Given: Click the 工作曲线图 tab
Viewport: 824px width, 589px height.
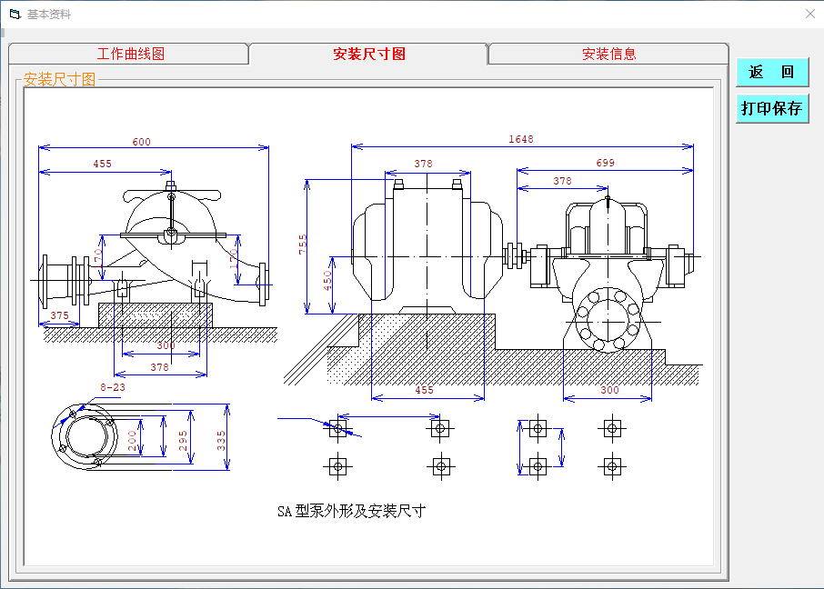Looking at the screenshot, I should pos(130,54).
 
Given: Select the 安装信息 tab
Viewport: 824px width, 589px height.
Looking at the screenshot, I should pos(608,54).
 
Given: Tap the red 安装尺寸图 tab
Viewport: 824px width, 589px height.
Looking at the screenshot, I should pos(369,54).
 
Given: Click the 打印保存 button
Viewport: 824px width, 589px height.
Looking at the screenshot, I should pos(771,108).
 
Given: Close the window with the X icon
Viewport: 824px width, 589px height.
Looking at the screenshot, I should pos(810,14).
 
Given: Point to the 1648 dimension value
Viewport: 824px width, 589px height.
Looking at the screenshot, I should pos(521,139).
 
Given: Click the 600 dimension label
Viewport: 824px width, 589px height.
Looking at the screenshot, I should pos(141,142).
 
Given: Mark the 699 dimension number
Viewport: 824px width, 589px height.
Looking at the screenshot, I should pos(605,164).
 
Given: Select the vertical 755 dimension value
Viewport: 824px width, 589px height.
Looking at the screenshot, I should pos(303,244).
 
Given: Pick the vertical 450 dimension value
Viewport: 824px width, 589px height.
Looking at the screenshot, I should pos(327,278).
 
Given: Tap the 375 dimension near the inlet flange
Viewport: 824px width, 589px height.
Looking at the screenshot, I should pos(59,315).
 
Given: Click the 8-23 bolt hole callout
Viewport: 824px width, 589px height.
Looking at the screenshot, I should pos(113,387).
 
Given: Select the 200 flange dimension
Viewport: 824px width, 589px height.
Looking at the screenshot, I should pos(132,441).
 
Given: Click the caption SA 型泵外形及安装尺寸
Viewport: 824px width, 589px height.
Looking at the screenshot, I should pos(351,511).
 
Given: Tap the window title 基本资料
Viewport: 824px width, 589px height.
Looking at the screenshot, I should pos(49,15).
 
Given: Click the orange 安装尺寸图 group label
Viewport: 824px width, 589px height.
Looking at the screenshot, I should pos(59,80).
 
